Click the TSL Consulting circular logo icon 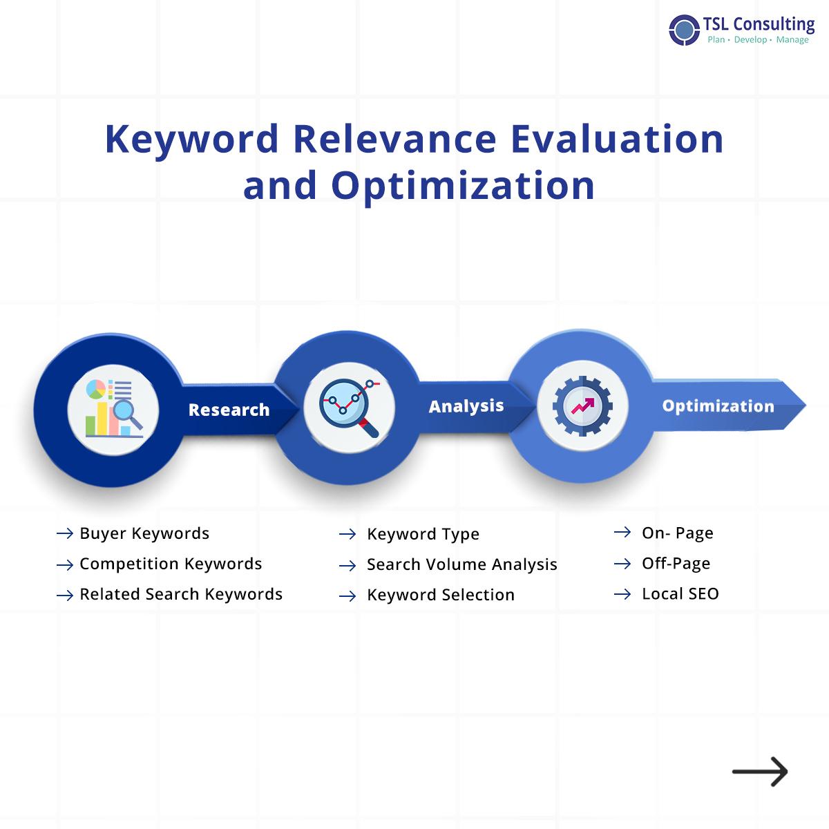point(684,30)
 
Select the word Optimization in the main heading point(463,185)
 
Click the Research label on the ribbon point(229,410)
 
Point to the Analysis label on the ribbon point(466,406)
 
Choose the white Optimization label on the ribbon point(718,406)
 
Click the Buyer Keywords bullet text point(144,533)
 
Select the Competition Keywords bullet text point(171,564)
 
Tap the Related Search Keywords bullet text point(181,594)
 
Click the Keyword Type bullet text point(423,534)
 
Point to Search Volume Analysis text point(461,564)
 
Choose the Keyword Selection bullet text point(441,595)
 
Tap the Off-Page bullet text point(676,563)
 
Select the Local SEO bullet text point(680,593)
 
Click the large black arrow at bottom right point(760,772)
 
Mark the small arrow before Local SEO point(622,594)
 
